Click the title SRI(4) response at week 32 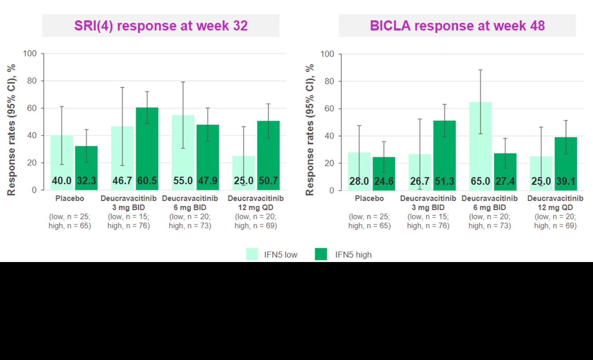[x=161, y=26]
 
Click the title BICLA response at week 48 [x=457, y=26]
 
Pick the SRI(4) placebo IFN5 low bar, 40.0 [x=62, y=162]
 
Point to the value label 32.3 [x=87, y=181]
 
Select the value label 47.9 [x=208, y=181]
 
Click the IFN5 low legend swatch [x=255, y=254]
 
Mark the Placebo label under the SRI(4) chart [x=70, y=199]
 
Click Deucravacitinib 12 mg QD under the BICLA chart [x=555, y=203]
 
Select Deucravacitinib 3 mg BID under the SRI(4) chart [x=128, y=203]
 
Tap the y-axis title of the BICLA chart [x=310, y=130]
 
